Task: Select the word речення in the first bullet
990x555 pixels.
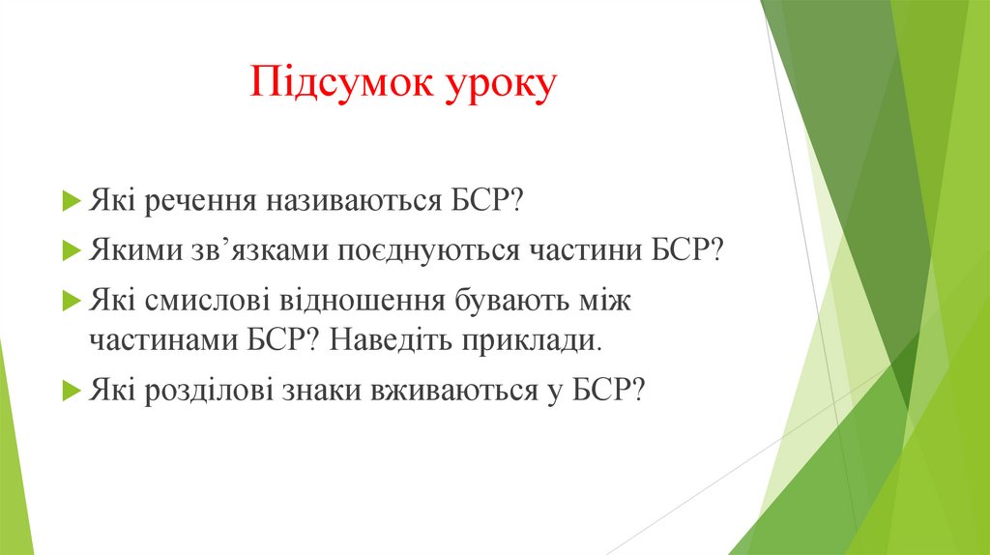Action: coord(194,203)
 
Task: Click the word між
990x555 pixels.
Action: coord(602,301)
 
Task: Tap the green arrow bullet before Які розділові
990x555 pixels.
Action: coord(72,391)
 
